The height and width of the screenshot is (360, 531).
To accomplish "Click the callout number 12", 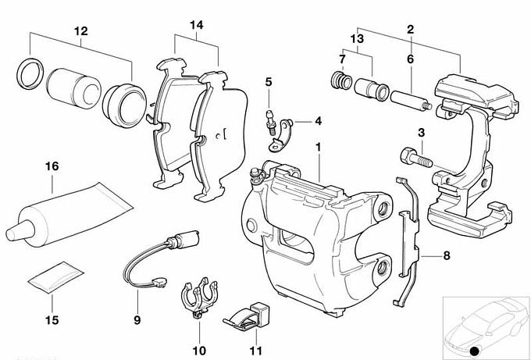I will point(81,31).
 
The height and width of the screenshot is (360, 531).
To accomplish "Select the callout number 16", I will point(52,166).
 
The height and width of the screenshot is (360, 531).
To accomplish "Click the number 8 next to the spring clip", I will point(446,255).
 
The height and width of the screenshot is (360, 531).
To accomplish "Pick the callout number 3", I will point(421,134).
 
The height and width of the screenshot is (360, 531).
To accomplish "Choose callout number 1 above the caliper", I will point(318,147).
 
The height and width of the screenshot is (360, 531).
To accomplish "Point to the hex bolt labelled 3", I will point(413,157).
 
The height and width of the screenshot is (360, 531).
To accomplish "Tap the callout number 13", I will point(358,38).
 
